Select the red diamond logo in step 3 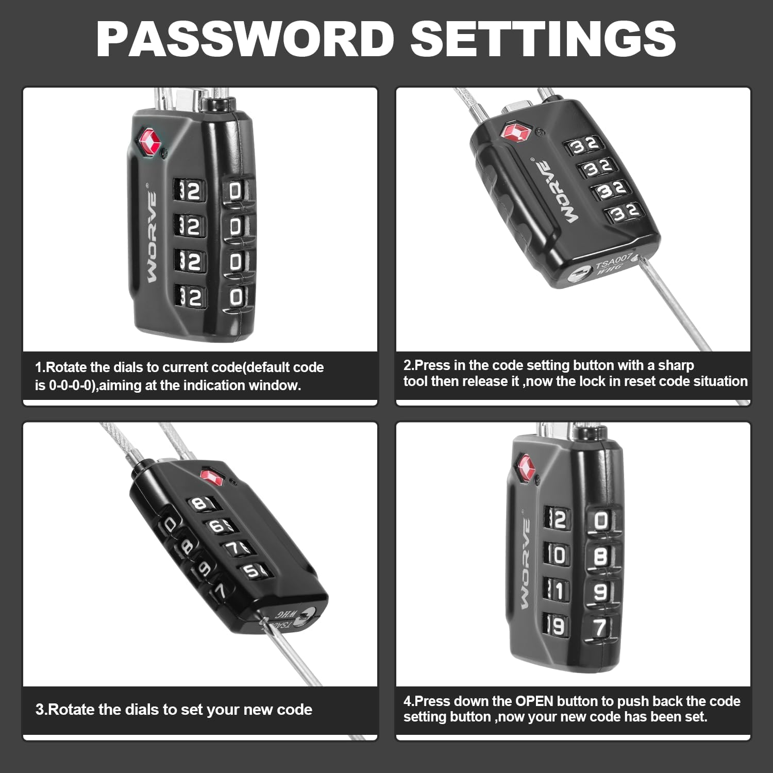coord(212,476)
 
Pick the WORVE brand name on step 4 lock coord(524,564)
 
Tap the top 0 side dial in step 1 coord(235,192)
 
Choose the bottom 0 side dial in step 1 coord(236,297)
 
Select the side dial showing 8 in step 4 coord(601,557)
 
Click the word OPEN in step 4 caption coord(534,701)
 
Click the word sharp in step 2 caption coord(676,365)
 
